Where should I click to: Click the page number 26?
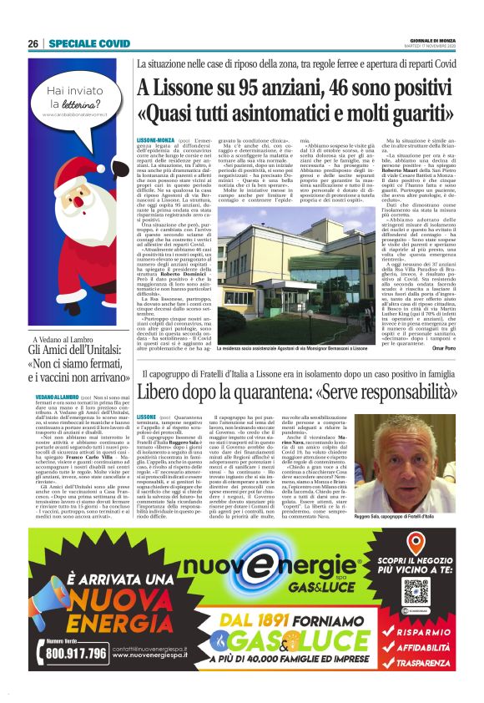pyautogui.click(x=33, y=43)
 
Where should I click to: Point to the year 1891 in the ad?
pyautogui.click(x=255, y=621)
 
